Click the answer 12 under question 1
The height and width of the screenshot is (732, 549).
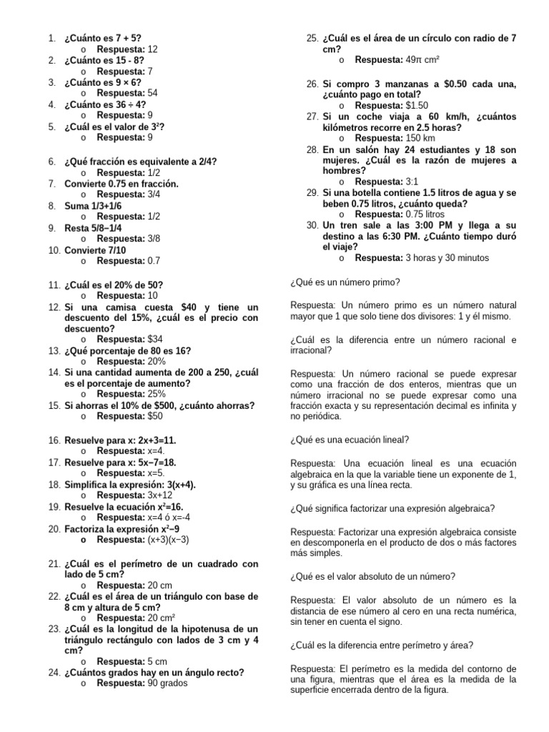pyautogui.click(x=152, y=49)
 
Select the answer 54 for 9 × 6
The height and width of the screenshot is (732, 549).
pyautogui.click(x=152, y=94)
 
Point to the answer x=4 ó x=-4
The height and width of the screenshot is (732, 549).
pyautogui.click(x=169, y=518)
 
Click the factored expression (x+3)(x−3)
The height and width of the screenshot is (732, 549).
pyautogui.click(x=169, y=540)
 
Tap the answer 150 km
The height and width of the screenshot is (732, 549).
pyautogui.click(x=420, y=138)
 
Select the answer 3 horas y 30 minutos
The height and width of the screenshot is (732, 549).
pyautogui.click(x=447, y=257)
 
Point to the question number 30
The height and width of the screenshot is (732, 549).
pyautogui.click(x=312, y=224)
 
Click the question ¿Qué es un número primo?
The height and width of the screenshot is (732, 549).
pyautogui.click(x=345, y=282)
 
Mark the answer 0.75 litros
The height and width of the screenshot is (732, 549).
pyautogui.click(x=425, y=214)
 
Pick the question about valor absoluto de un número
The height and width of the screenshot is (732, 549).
pyautogui.click(x=373, y=576)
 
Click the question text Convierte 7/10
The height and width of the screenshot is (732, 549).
pyautogui.click(x=94, y=250)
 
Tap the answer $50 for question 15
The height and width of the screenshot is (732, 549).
pyautogui.click(x=155, y=416)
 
